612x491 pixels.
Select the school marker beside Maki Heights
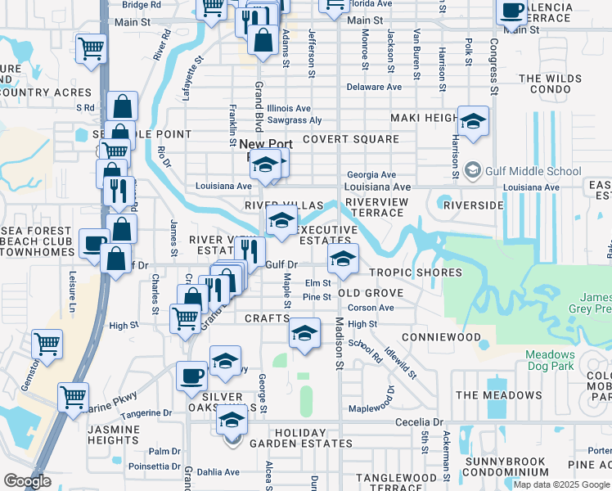click(473, 121)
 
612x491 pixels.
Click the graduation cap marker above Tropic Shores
click(344, 259)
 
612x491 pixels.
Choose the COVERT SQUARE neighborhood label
click(350, 139)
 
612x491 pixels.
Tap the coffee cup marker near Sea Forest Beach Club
click(93, 243)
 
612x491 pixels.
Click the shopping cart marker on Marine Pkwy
click(74, 397)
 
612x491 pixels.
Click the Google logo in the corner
click(27, 481)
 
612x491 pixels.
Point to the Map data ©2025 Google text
click(561, 484)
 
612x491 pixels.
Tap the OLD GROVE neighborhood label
click(371, 293)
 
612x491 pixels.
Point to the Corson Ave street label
click(371, 308)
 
